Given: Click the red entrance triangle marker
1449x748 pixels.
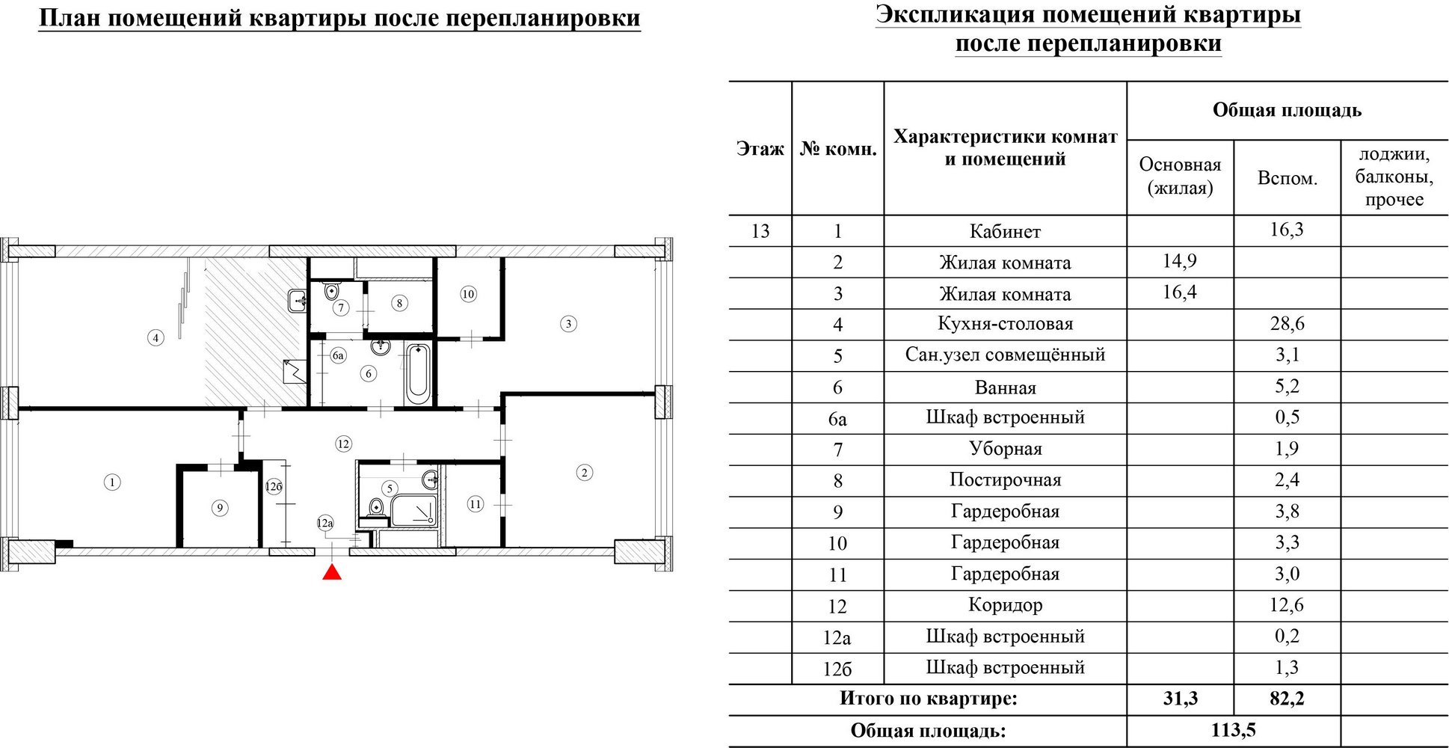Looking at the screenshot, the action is pos(332,572).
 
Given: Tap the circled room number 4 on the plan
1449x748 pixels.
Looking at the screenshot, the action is pos(156,338).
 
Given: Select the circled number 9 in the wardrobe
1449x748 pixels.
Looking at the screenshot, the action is pos(219,508).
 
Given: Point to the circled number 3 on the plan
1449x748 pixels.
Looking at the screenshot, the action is pos(568,324).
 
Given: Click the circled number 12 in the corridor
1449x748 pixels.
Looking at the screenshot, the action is pos(343,444).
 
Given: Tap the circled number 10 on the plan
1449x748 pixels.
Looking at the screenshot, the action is pos(468,294).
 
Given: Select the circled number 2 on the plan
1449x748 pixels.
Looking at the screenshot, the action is pos(585,472).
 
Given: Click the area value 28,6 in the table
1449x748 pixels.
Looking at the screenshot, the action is pos(1287,324).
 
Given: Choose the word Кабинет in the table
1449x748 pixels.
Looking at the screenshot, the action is pos(1005,231).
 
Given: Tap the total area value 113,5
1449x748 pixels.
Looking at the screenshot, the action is pos(1234,730).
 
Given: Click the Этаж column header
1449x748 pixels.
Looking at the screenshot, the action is pos(760,149).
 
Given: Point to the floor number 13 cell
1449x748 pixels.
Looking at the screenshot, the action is pos(760,231).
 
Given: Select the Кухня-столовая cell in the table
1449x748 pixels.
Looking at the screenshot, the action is pos(1005,324).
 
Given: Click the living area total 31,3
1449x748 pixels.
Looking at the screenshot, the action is pos(1181,699).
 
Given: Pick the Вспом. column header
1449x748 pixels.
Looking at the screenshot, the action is pos(1288,179).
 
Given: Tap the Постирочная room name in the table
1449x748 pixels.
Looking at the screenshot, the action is pos(1005,480).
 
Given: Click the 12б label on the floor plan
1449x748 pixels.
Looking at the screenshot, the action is pos(274,487).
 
